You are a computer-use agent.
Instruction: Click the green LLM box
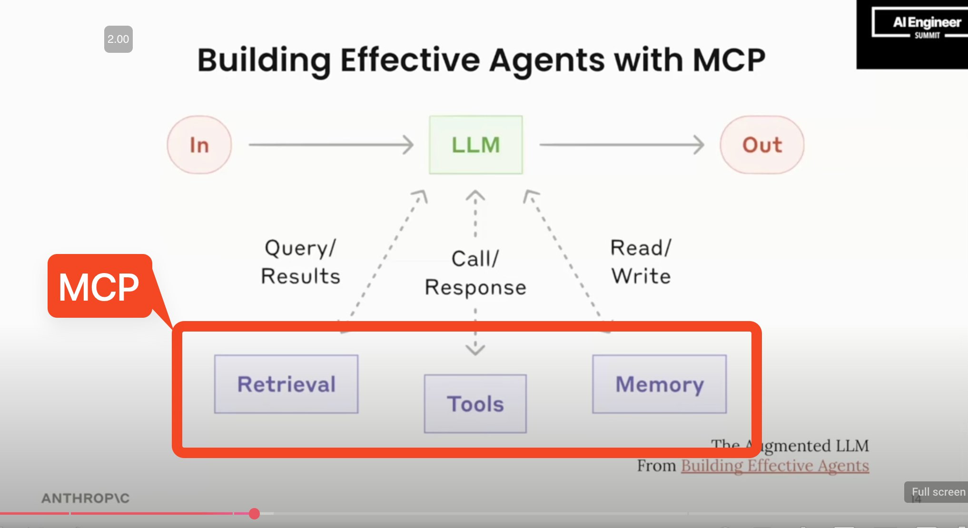(x=475, y=145)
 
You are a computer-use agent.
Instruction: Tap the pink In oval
(x=199, y=145)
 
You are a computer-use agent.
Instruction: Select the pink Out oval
(x=762, y=145)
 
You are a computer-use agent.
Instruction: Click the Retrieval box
(x=286, y=384)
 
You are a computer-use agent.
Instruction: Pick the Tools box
(x=475, y=404)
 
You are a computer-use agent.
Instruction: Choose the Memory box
(x=659, y=384)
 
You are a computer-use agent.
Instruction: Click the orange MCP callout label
(x=99, y=286)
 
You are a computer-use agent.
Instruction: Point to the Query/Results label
(x=301, y=262)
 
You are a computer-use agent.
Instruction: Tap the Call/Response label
(x=475, y=273)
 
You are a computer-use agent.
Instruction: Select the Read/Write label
(x=641, y=262)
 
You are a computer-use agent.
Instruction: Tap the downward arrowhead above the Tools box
(x=475, y=350)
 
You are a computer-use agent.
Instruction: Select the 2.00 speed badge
(x=118, y=39)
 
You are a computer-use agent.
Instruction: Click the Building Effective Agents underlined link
(x=775, y=465)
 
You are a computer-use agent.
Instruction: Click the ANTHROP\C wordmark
(x=86, y=498)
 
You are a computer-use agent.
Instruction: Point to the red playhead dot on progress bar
(x=254, y=513)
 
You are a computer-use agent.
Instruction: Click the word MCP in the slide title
(x=729, y=60)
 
